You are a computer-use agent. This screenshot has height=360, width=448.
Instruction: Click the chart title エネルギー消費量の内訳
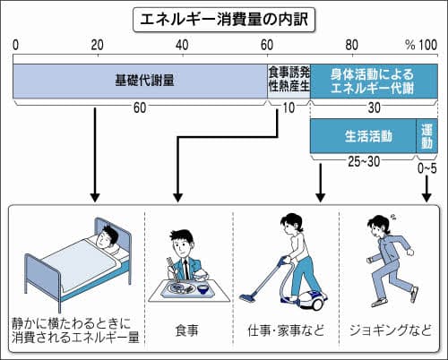tap(224, 20)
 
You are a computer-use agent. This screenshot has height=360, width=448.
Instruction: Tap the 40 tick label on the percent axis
tap(182, 45)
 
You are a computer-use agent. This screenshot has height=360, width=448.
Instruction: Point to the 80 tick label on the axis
tap(352, 45)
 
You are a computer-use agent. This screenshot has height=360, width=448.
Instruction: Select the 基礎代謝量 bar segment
tap(140, 81)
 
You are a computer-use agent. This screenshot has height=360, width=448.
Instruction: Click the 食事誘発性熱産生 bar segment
tap(289, 81)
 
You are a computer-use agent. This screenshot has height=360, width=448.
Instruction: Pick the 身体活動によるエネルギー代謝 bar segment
tap(374, 81)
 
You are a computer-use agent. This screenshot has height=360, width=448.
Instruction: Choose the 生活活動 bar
tap(363, 136)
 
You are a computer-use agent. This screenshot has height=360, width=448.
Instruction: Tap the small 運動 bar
tap(427, 136)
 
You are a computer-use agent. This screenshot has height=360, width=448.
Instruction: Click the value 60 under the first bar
tap(140, 107)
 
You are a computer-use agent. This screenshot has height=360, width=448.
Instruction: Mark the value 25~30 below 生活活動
tap(364, 161)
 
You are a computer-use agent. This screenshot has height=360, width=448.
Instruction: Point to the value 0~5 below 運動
tap(426, 168)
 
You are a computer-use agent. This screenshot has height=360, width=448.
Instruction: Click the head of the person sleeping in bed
tap(108, 236)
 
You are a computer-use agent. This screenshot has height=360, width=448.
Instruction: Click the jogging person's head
tap(378, 225)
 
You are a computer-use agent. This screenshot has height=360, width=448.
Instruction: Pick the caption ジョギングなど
tap(391, 330)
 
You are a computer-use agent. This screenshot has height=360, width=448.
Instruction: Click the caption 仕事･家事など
tap(286, 330)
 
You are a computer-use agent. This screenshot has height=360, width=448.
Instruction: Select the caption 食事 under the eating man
tap(186, 330)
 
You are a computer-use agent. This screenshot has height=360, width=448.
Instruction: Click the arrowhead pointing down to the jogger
tap(426, 197)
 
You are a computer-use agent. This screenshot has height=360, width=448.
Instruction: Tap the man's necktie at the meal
tap(186, 269)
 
